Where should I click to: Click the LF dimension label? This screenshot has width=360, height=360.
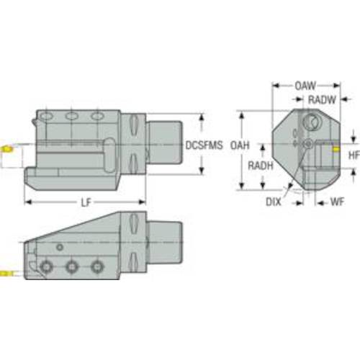(86, 202)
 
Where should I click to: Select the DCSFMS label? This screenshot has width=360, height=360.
(204, 145)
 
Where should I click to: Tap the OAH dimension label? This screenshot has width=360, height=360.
(240, 145)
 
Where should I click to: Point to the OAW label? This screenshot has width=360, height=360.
(305, 86)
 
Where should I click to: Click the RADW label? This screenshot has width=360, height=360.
(322, 100)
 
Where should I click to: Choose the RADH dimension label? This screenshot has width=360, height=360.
(261, 166)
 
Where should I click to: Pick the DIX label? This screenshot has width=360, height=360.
(274, 202)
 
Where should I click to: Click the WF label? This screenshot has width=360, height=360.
(337, 202)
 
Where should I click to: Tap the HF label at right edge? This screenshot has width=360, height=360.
(354, 156)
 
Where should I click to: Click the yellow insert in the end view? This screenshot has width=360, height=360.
(336, 150)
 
